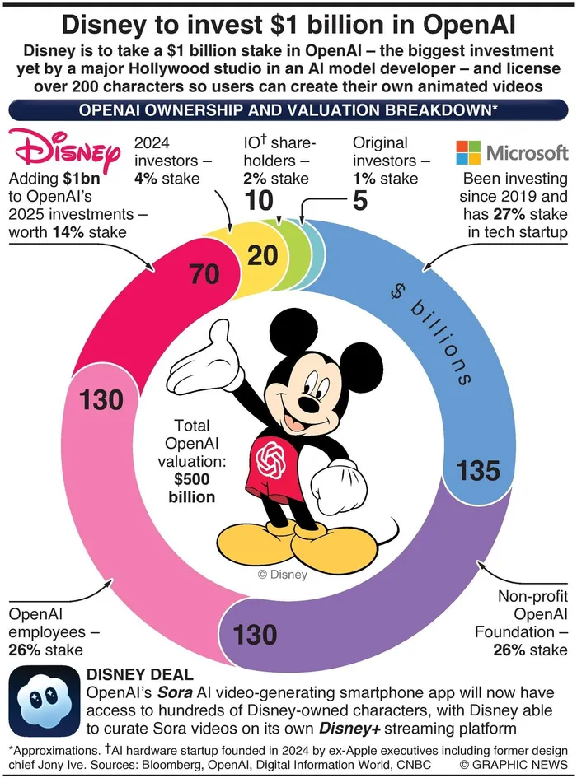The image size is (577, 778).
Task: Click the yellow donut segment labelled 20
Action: (x=262, y=255)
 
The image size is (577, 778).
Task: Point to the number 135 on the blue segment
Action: (x=479, y=470)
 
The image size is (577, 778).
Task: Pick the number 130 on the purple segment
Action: (x=255, y=635)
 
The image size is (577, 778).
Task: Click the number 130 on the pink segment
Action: (x=101, y=401)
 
